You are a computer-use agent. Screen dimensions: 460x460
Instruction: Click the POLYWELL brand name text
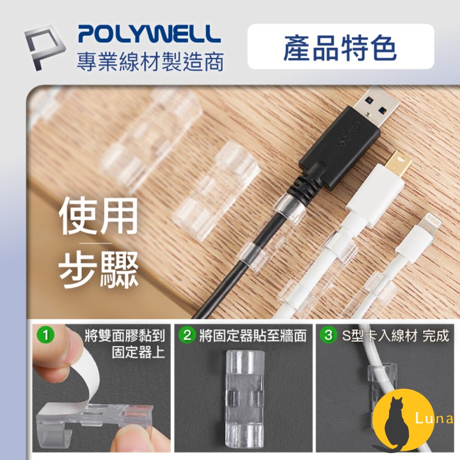149,34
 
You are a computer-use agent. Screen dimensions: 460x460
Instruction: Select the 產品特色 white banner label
340,47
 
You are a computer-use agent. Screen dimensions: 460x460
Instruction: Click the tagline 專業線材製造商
150,61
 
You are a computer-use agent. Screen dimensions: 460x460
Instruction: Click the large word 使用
98,216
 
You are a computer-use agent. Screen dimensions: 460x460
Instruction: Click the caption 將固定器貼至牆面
253,336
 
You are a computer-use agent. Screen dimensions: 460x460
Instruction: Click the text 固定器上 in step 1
138,353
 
